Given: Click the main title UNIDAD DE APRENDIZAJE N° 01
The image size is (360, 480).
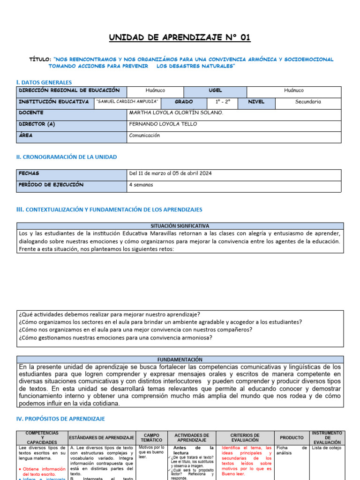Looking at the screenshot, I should tap(180, 37).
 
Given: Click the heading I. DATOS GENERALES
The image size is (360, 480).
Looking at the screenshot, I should tap(44, 82).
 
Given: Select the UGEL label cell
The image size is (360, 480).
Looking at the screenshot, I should tap(215, 90).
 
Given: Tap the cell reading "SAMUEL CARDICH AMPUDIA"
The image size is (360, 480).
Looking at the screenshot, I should tap(127, 102).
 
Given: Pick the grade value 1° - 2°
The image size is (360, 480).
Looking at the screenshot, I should tap(223, 102).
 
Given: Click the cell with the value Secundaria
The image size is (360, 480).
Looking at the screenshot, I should tap(308, 102).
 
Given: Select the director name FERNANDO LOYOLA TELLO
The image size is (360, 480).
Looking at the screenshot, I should tap(163, 124).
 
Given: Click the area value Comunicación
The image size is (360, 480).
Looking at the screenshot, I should tap(144, 135).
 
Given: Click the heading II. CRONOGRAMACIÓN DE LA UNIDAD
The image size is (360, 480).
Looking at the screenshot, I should tap(67, 157).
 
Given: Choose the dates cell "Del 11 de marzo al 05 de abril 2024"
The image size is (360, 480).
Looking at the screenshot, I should tap(170, 173).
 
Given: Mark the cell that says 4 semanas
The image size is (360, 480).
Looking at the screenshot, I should tap(141, 185).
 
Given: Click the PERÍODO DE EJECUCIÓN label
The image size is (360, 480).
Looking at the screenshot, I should tap(51, 185).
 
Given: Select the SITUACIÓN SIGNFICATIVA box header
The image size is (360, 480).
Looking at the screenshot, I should tap(180, 226).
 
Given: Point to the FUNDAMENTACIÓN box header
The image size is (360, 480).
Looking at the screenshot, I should tap(180, 359).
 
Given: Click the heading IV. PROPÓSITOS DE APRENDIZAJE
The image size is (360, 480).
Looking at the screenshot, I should tap(61, 419).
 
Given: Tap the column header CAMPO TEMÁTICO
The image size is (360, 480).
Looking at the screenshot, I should tap(151, 438).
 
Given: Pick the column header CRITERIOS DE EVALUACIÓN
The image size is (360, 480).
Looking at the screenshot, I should tap(244, 438).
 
